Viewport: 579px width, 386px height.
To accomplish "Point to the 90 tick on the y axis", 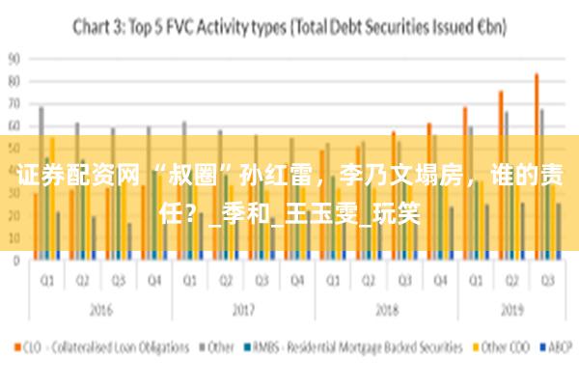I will tap(14, 58).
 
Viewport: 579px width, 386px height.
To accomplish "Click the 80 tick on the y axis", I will tap(14, 80).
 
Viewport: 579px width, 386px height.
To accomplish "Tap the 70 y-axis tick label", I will tap(14, 103).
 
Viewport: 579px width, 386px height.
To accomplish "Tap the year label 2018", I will tap(386, 311).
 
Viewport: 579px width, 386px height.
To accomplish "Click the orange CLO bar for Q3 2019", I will tap(537, 164).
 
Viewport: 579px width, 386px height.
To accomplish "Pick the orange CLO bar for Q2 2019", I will tap(501, 174).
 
